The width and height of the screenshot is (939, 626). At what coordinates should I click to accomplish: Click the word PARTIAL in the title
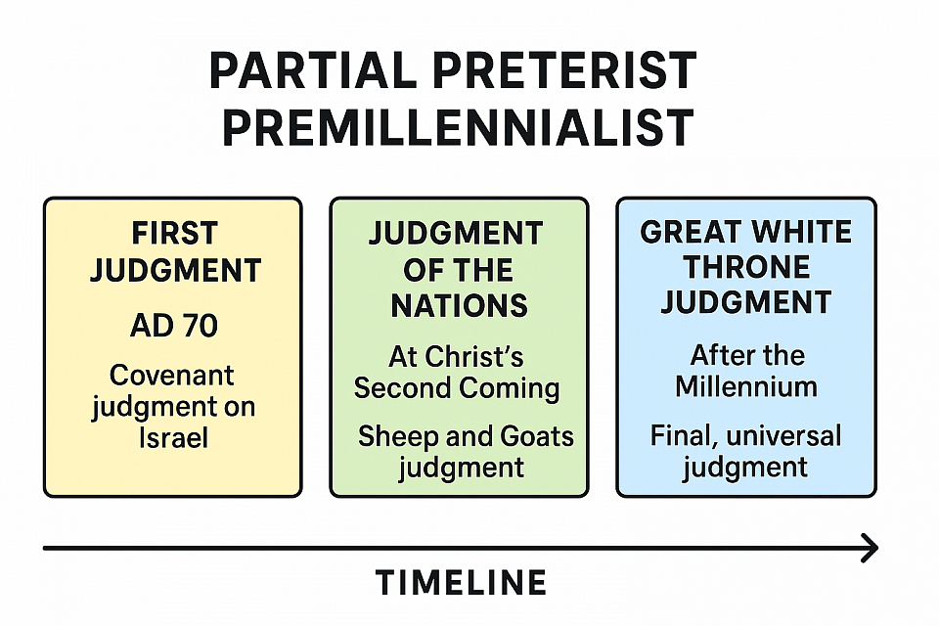tap(313, 70)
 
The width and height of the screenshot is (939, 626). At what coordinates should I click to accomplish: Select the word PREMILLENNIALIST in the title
tap(458, 128)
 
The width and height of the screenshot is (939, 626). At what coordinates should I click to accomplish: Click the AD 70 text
tap(174, 326)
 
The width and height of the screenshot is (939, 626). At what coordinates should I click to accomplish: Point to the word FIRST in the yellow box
tap(174, 233)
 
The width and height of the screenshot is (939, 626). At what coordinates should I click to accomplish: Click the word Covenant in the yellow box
tap(172, 376)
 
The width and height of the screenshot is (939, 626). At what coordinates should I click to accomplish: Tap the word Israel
tap(174, 437)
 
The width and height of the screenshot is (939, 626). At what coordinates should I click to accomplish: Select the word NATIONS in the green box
tap(460, 305)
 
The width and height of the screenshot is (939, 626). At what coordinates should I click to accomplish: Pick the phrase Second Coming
tap(457, 388)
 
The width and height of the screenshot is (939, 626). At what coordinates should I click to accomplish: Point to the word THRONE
tap(746, 267)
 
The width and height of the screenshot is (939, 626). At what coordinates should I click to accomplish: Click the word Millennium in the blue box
tap(746, 386)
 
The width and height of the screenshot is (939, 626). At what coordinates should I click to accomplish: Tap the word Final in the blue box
tap(685, 436)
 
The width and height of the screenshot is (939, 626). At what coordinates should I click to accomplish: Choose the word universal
tap(783, 435)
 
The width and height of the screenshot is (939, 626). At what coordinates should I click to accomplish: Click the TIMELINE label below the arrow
tap(461, 582)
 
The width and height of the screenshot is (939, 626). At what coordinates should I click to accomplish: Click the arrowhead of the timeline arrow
tap(870, 548)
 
